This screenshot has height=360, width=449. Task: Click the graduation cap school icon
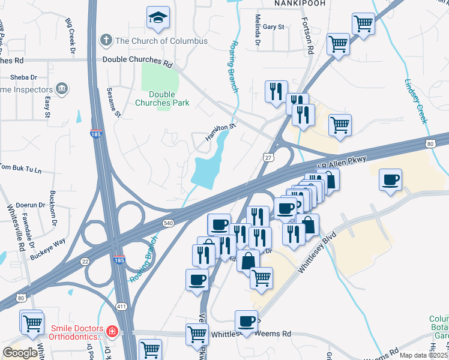coord(158,19)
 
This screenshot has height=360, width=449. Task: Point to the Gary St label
coord(273,27)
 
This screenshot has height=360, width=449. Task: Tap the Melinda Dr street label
coord(258,30)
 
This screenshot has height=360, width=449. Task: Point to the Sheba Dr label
coord(23,77)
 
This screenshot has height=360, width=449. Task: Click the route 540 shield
coord(167,223)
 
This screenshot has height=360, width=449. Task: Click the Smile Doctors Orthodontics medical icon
coord(112,331)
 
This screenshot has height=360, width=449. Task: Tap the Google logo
coord(20,353)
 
